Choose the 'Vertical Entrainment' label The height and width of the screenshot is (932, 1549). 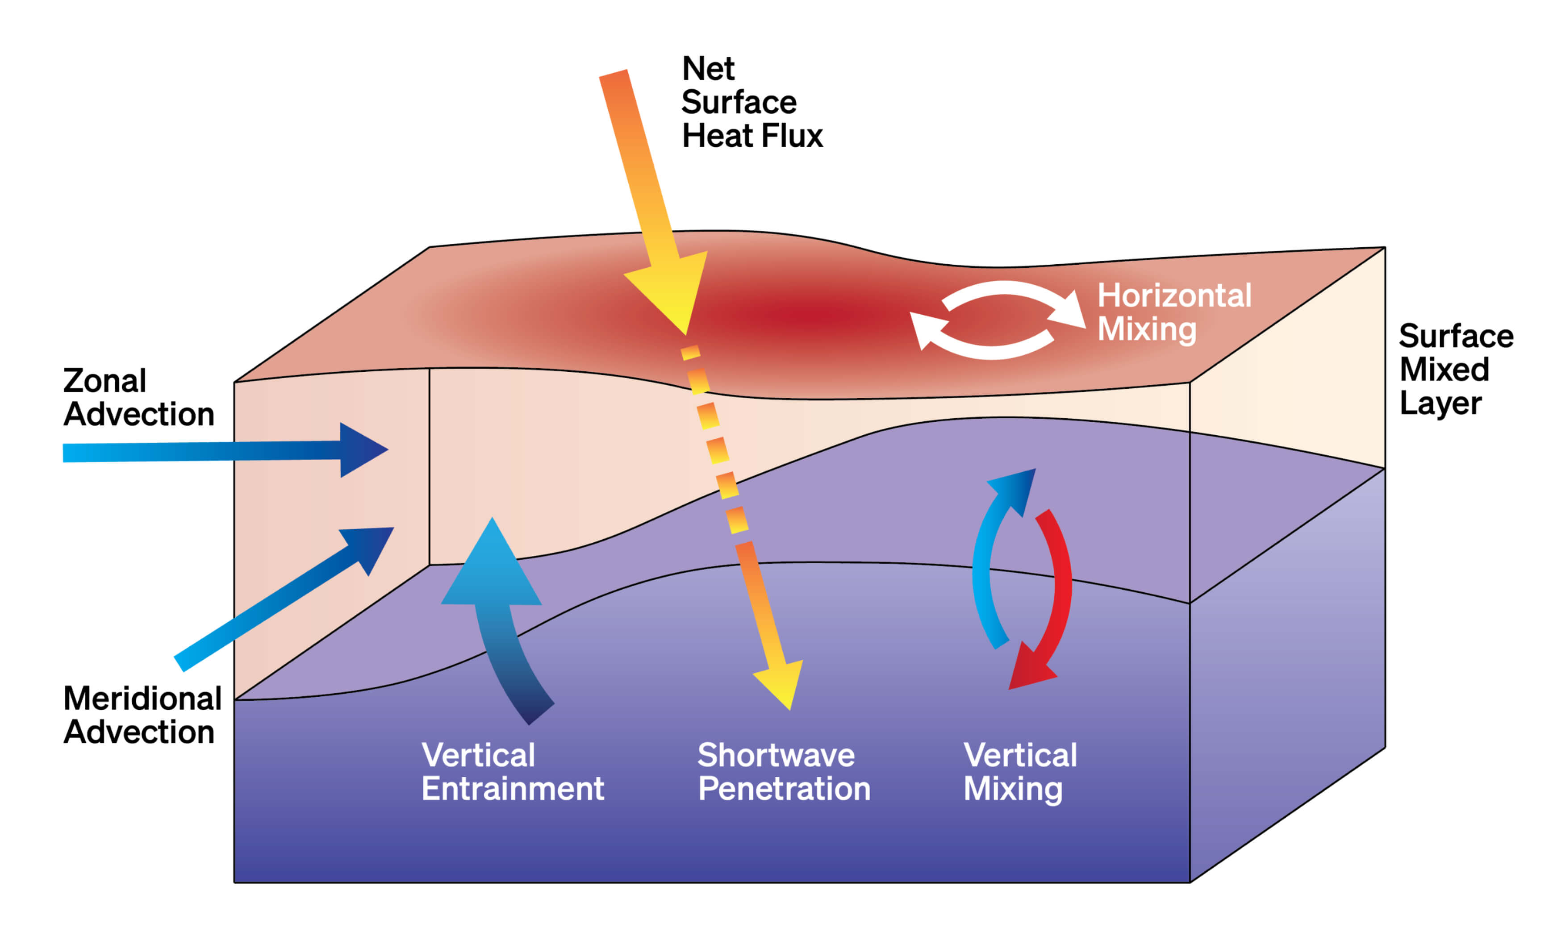(x=511, y=771)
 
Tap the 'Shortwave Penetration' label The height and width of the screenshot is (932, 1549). (x=783, y=771)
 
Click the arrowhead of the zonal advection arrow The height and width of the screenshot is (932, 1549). (x=362, y=449)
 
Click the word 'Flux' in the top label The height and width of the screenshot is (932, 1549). (x=798, y=136)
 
